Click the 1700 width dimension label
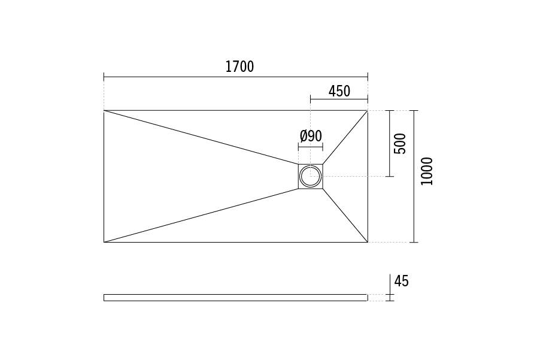[239, 66]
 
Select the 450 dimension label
[339, 91]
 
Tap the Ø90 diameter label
[311, 136]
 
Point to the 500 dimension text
[400, 143]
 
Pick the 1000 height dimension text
[426, 171]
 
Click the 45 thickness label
[401, 281]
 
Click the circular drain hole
[311, 176]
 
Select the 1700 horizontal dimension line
[236, 77]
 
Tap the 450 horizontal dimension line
[339, 99]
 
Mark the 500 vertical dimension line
[390, 143]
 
